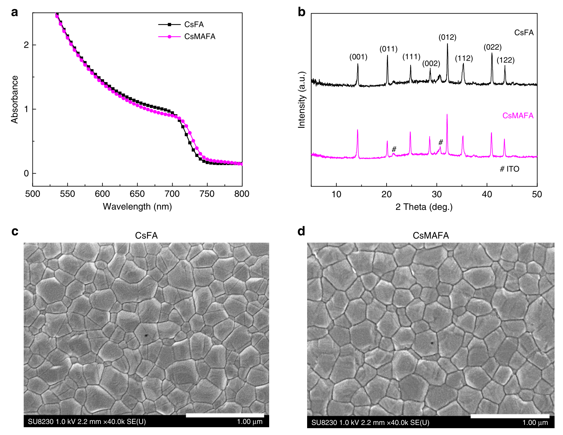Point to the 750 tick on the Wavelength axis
(207, 194)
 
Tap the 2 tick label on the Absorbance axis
(26, 45)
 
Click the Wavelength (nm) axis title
(137, 207)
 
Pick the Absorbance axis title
(15, 99)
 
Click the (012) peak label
(447, 37)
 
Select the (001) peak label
(358, 57)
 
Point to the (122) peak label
(506, 60)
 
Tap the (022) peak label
(492, 47)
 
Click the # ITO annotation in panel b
(509, 169)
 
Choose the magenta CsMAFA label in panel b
(518, 116)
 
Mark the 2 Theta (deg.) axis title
(424, 207)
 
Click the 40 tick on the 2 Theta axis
(487, 194)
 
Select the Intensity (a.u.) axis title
(302, 100)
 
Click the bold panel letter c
(15, 232)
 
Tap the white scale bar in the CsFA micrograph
(225, 415)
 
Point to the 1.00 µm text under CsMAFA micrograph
(535, 423)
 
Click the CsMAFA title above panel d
(431, 236)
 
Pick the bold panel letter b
(302, 12)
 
